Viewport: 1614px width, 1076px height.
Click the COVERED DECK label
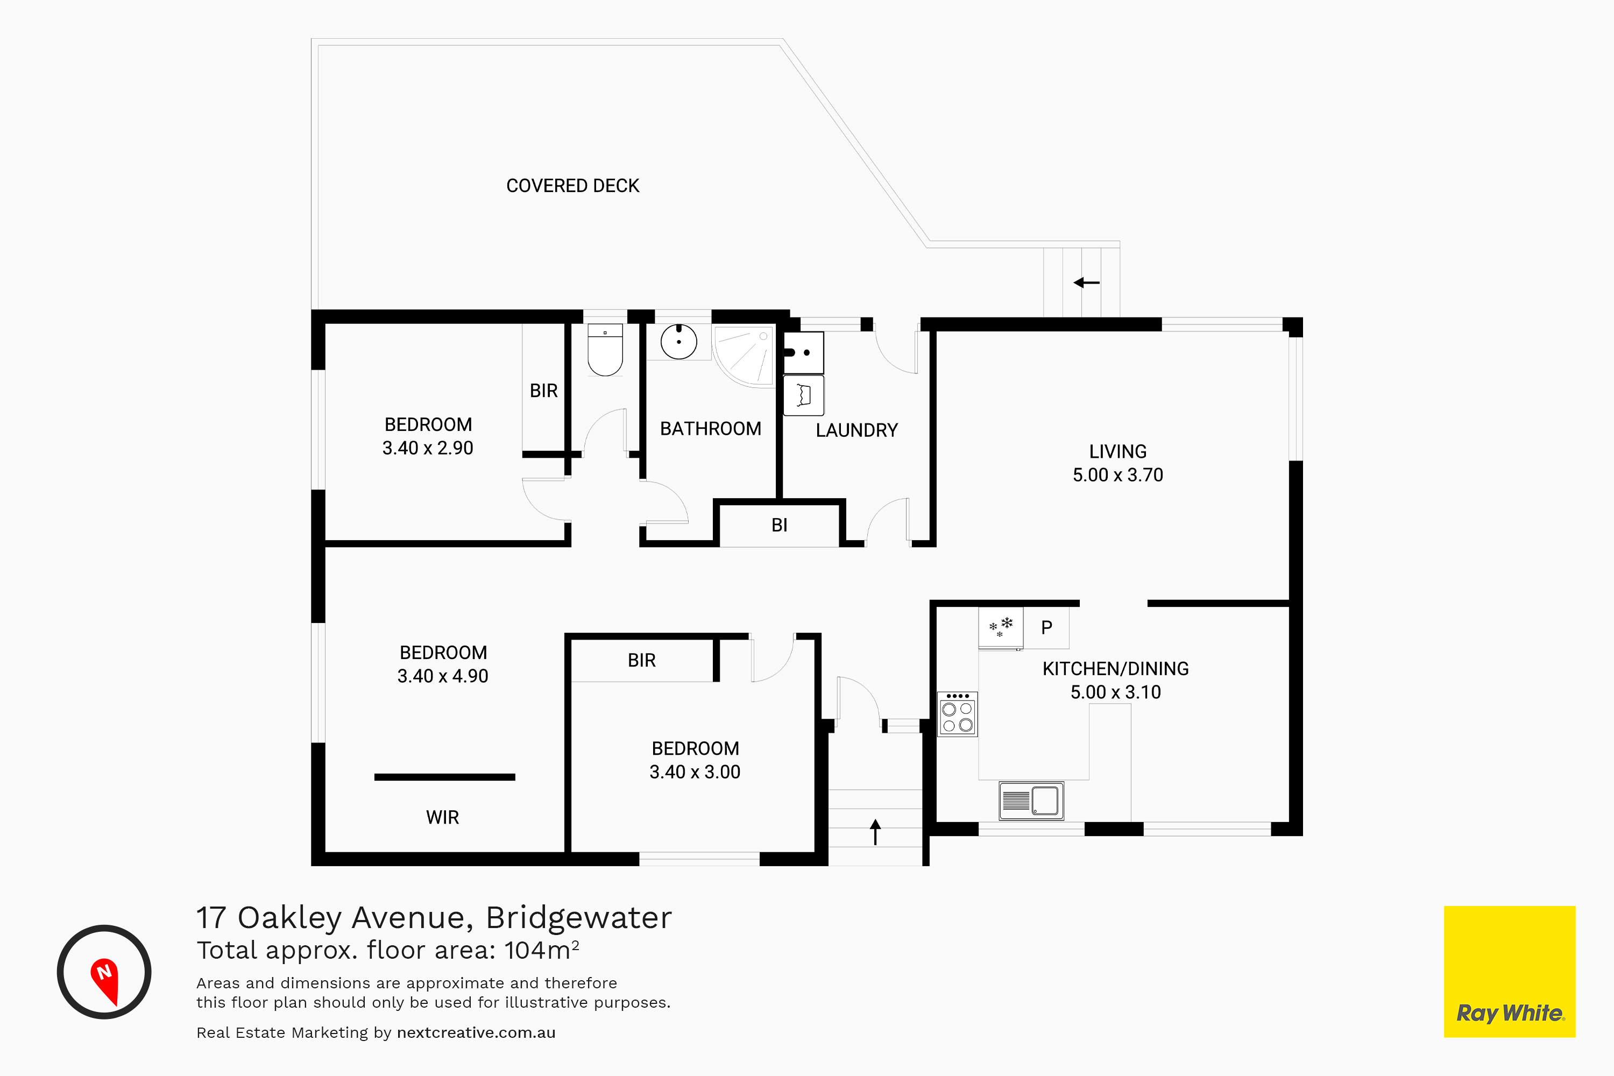572,186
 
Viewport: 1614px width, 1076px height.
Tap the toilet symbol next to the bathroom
605,350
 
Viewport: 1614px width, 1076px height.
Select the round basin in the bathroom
678,341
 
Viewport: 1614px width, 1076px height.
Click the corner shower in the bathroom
743,356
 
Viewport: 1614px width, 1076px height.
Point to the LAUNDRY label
856,430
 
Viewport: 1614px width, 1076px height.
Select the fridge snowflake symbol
1001,627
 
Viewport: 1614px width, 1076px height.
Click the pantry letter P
1046,627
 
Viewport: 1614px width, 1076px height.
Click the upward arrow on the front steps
876,832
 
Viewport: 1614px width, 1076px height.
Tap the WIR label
443,817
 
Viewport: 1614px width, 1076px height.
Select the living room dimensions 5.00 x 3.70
1118,475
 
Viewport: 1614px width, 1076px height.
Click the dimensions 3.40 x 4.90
443,676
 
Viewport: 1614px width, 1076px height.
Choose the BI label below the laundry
779,525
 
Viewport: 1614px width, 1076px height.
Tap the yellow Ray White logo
1510,972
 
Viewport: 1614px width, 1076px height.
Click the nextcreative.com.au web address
476,1033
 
